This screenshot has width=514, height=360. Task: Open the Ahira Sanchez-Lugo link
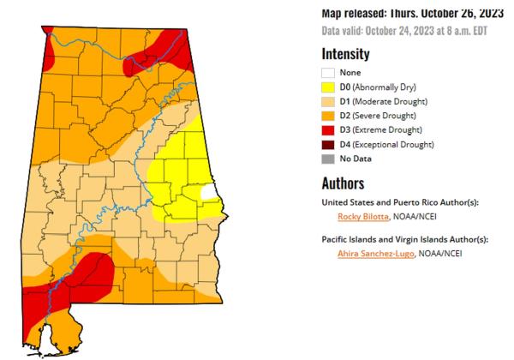click(377, 254)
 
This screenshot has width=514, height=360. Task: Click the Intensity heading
click(345, 54)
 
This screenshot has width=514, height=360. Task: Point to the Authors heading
click(343, 183)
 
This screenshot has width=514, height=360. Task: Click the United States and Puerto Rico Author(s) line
click(399, 202)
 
